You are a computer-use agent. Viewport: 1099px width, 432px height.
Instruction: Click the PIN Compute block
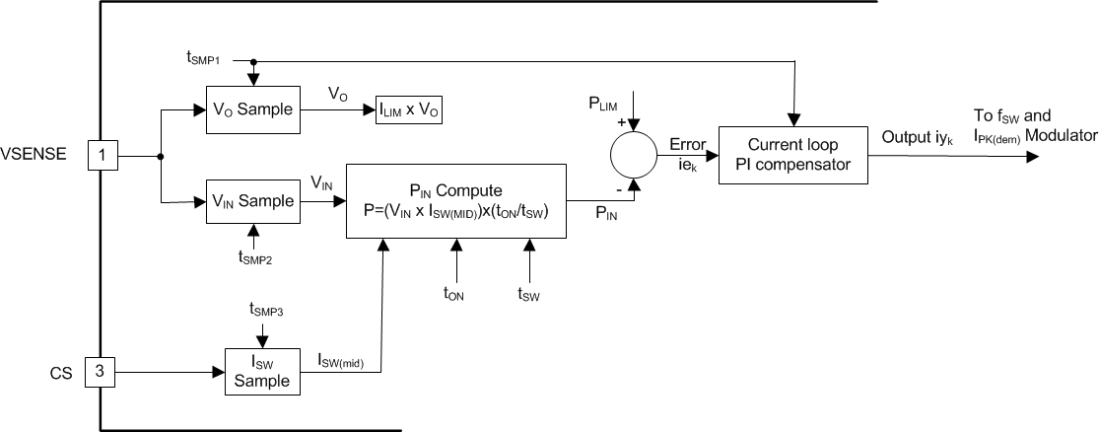(x=455, y=200)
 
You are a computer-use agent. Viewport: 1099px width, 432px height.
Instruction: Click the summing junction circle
(x=633, y=155)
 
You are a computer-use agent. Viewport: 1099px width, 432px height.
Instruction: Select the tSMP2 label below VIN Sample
(x=256, y=257)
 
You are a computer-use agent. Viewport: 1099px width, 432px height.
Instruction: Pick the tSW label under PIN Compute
(x=529, y=293)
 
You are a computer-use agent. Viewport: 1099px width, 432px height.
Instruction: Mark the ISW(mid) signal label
(x=341, y=361)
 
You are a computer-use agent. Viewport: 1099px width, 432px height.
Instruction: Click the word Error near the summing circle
(x=687, y=145)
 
